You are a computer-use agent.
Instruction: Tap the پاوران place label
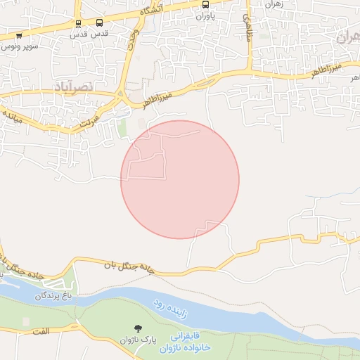(205, 15)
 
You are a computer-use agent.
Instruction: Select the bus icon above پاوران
(205, 4)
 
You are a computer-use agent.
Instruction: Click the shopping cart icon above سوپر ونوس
(18, 35)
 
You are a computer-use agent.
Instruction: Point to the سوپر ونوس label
(19, 45)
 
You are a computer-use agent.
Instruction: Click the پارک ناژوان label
(138, 340)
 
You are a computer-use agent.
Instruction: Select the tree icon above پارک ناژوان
(138, 328)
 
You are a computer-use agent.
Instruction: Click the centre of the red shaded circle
(180, 179)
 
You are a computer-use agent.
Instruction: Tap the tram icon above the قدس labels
(78, 24)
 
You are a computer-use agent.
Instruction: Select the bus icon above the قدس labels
(98, 23)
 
